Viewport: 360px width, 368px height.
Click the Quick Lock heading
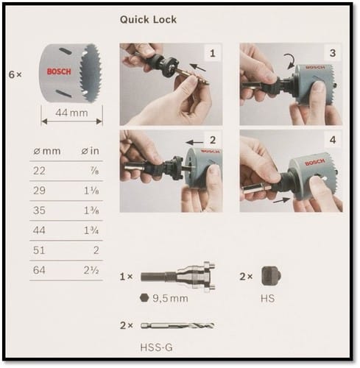[x=148, y=20]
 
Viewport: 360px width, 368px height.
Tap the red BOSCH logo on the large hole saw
[x=59, y=71]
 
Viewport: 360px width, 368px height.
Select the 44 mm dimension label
[x=71, y=113]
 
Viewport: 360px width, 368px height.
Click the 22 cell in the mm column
[x=39, y=171]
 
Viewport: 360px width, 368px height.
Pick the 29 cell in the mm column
[x=39, y=191]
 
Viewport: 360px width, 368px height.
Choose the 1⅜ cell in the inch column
[x=91, y=210]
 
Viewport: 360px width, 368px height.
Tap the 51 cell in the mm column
[x=39, y=250]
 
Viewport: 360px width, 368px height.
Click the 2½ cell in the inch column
[x=91, y=270]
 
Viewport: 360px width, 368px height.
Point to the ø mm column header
[x=47, y=151]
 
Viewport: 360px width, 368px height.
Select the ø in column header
[x=91, y=151]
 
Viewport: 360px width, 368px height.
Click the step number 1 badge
[x=213, y=53]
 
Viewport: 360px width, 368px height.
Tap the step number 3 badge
[x=333, y=53]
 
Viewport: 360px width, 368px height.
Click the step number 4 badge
[x=333, y=140]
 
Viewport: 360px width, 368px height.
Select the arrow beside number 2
[x=194, y=142]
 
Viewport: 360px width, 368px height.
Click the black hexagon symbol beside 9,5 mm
[x=144, y=297]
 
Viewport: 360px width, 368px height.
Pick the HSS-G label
[x=157, y=347]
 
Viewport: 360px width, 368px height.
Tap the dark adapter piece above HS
[x=271, y=276]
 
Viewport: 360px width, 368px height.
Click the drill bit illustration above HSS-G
[x=177, y=325]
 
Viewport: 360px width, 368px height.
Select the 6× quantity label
[x=15, y=74]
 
